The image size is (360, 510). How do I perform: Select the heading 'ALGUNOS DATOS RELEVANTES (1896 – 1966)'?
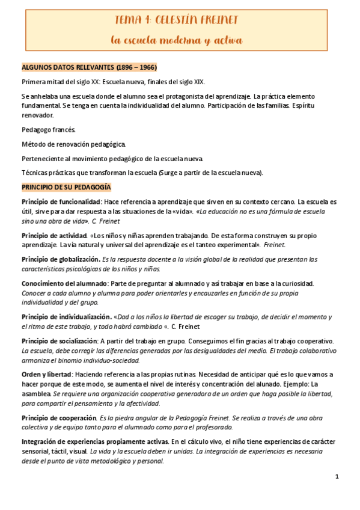click(x=90, y=67)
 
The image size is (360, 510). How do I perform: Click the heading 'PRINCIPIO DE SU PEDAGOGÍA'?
click(x=70, y=188)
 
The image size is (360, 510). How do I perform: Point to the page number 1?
click(x=337, y=477)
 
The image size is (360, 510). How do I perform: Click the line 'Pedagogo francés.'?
click(x=49, y=129)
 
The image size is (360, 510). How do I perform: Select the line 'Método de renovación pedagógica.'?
click(x=74, y=144)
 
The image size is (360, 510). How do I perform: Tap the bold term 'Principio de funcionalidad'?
click(x=61, y=201)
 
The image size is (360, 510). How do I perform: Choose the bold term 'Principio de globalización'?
click(x=61, y=259)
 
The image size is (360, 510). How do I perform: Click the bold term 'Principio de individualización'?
click(x=65, y=316)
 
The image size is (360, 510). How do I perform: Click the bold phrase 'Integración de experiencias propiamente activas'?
click(x=94, y=442)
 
